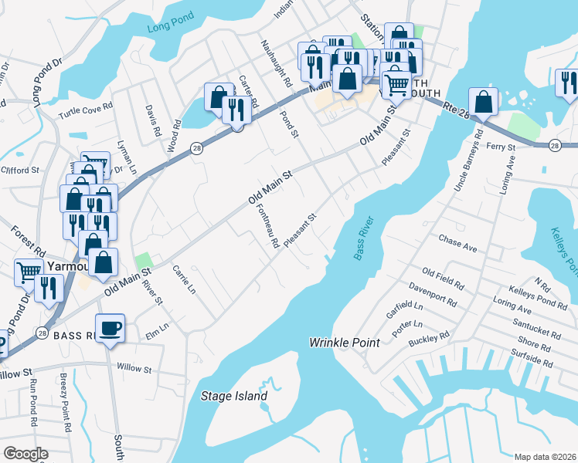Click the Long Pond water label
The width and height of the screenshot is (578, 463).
pyautogui.click(x=168, y=29)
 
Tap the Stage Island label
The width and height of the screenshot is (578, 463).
pyautogui.click(x=233, y=397)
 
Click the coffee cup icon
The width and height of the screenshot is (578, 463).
pyautogui.click(x=109, y=328)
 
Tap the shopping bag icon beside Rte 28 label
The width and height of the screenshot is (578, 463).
pyautogui.click(x=483, y=102)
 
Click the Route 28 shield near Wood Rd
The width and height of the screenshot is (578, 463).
pyautogui.click(x=198, y=149)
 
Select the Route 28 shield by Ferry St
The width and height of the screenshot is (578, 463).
pyautogui.click(x=555, y=145)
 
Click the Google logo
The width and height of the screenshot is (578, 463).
pyautogui.click(x=25, y=454)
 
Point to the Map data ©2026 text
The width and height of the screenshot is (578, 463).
pyautogui.click(x=545, y=457)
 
